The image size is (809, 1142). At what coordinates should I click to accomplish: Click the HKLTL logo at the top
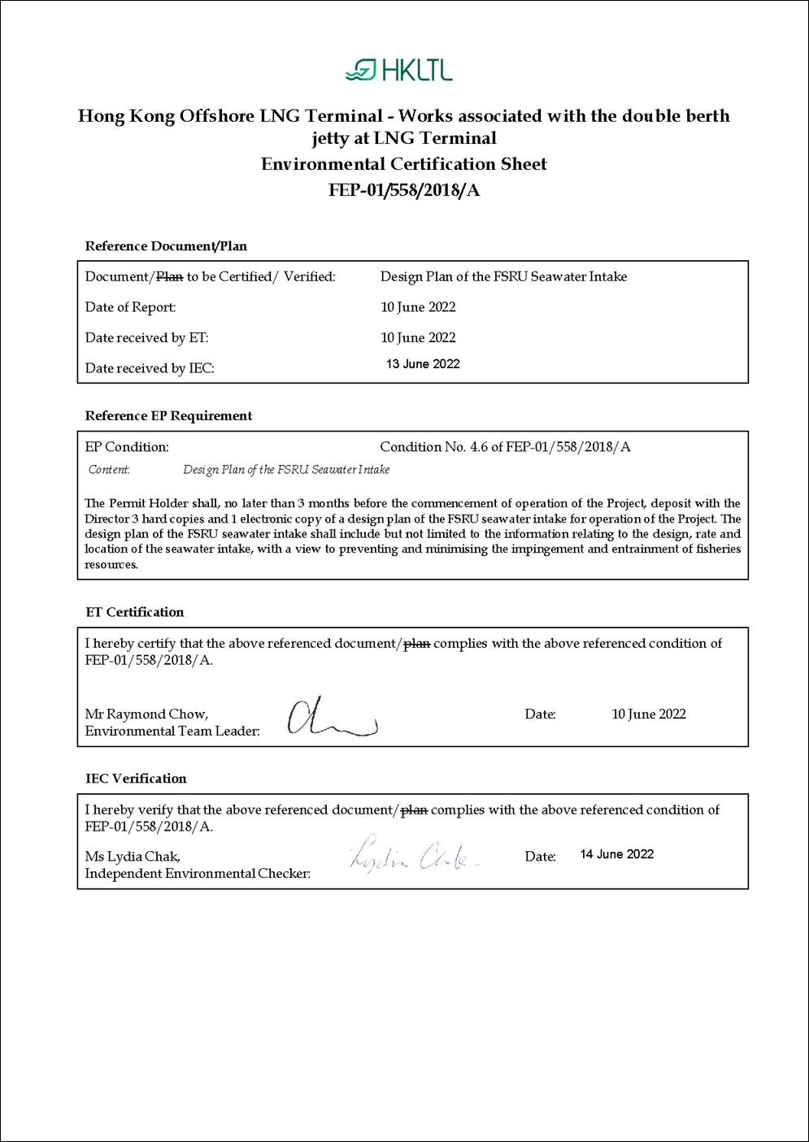399,71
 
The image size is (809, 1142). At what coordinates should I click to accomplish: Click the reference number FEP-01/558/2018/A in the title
404,190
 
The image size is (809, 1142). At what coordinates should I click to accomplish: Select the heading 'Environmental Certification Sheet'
404,164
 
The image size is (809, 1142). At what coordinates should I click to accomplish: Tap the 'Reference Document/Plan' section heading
166,246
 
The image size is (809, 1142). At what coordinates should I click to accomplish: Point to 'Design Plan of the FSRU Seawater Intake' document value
503,277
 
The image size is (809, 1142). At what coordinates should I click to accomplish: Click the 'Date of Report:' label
130,307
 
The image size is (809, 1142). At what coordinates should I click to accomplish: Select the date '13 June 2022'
423,364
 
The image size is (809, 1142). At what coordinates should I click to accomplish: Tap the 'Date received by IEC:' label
150,368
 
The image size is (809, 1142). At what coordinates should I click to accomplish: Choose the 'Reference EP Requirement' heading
168,416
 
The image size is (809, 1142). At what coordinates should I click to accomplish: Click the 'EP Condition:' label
127,447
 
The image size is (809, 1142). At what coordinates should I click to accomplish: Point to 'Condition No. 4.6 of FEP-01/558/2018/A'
505,447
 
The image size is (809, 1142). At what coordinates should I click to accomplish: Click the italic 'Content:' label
109,470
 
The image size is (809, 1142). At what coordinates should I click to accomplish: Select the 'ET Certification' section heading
134,612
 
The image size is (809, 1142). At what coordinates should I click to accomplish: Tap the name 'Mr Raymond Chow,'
146,714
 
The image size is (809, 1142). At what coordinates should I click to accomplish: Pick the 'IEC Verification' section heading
136,779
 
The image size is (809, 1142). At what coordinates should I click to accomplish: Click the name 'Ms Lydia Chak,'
133,857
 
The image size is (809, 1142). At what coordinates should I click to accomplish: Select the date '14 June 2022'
616,854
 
